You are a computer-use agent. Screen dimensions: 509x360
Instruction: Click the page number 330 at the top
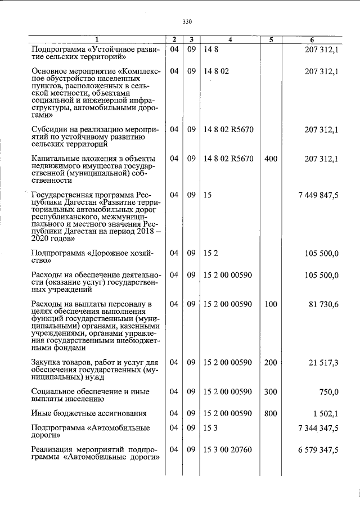point(187,22)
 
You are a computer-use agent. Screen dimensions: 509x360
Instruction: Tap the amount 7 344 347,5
point(318,429)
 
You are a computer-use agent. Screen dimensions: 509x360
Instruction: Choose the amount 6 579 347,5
point(318,451)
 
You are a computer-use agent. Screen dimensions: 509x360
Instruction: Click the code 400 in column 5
point(271,159)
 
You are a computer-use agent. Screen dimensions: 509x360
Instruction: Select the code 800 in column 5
point(271,414)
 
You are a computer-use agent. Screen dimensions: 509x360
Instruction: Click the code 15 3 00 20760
point(228,451)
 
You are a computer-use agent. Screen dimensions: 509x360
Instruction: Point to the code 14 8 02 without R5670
point(217,72)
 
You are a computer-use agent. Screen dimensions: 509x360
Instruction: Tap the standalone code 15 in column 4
point(208,195)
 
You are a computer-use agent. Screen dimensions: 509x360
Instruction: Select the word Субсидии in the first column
point(49,130)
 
